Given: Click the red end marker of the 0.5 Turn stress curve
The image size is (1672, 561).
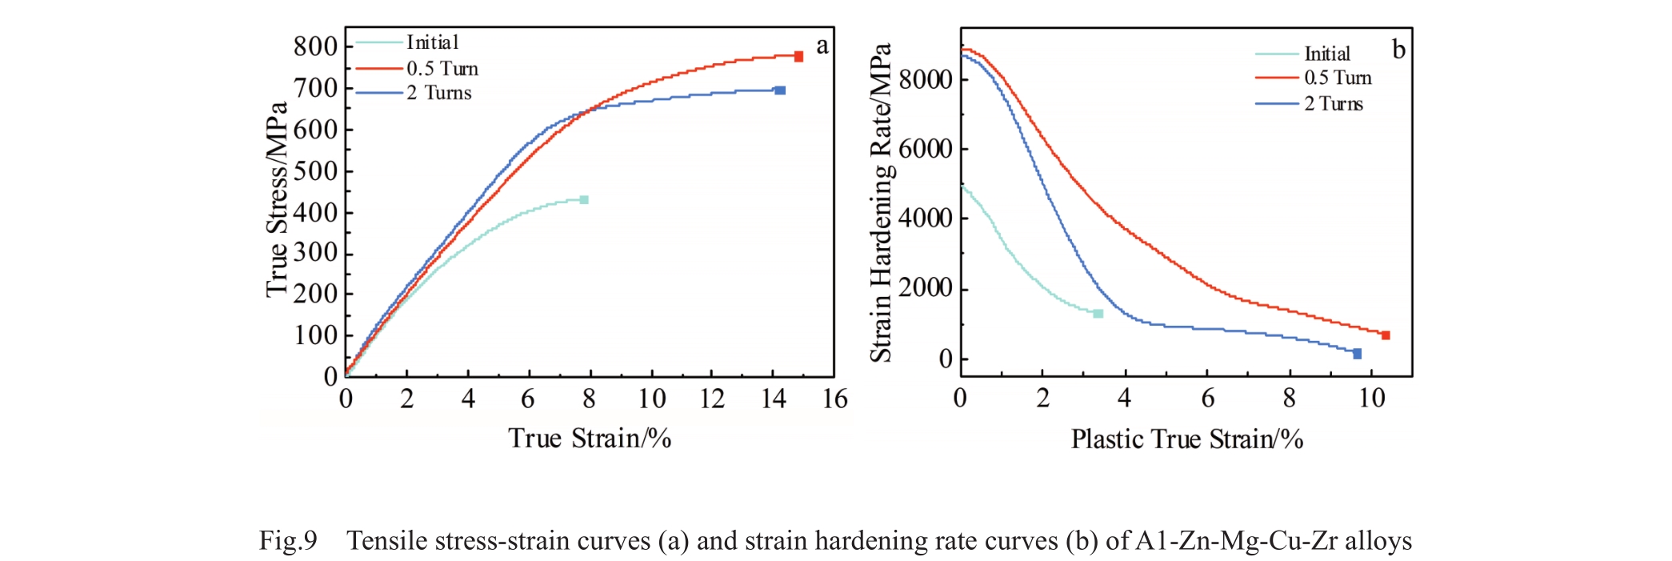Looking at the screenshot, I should (798, 56).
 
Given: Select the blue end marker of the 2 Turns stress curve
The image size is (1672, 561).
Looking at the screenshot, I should (780, 90).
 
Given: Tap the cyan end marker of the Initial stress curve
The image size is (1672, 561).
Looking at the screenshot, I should (584, 199).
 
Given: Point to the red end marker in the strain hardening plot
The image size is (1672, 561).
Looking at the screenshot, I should (1386, 335).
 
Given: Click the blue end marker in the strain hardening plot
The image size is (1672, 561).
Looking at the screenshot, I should (1357, 354).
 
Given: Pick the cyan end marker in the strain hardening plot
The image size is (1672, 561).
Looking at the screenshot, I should (1098, 314).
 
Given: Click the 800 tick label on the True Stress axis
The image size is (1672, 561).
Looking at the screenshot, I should (315, 46).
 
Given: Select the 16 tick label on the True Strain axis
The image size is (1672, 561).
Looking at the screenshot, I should (834, 399).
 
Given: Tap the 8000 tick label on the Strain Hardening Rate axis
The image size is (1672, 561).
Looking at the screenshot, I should (926, 78).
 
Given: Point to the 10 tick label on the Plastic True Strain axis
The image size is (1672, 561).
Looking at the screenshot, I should (1372, 398).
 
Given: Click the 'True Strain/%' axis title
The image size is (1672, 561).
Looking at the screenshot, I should (590, 439).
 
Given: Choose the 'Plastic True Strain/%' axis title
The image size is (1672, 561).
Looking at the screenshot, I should (1187, 439).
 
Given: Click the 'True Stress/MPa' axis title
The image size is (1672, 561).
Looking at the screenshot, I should (277, 199).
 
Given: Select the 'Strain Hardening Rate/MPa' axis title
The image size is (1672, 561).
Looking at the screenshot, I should (881, 202).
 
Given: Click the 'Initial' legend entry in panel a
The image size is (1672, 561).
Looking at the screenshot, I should (432, 42).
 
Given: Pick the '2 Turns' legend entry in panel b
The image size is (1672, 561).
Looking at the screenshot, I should (1334, 103).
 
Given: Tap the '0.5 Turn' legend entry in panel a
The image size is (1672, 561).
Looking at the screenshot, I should (442, 68).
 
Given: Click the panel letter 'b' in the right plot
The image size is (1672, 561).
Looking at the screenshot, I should (1398, 50).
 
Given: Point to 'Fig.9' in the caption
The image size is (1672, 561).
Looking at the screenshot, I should (288, 541).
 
